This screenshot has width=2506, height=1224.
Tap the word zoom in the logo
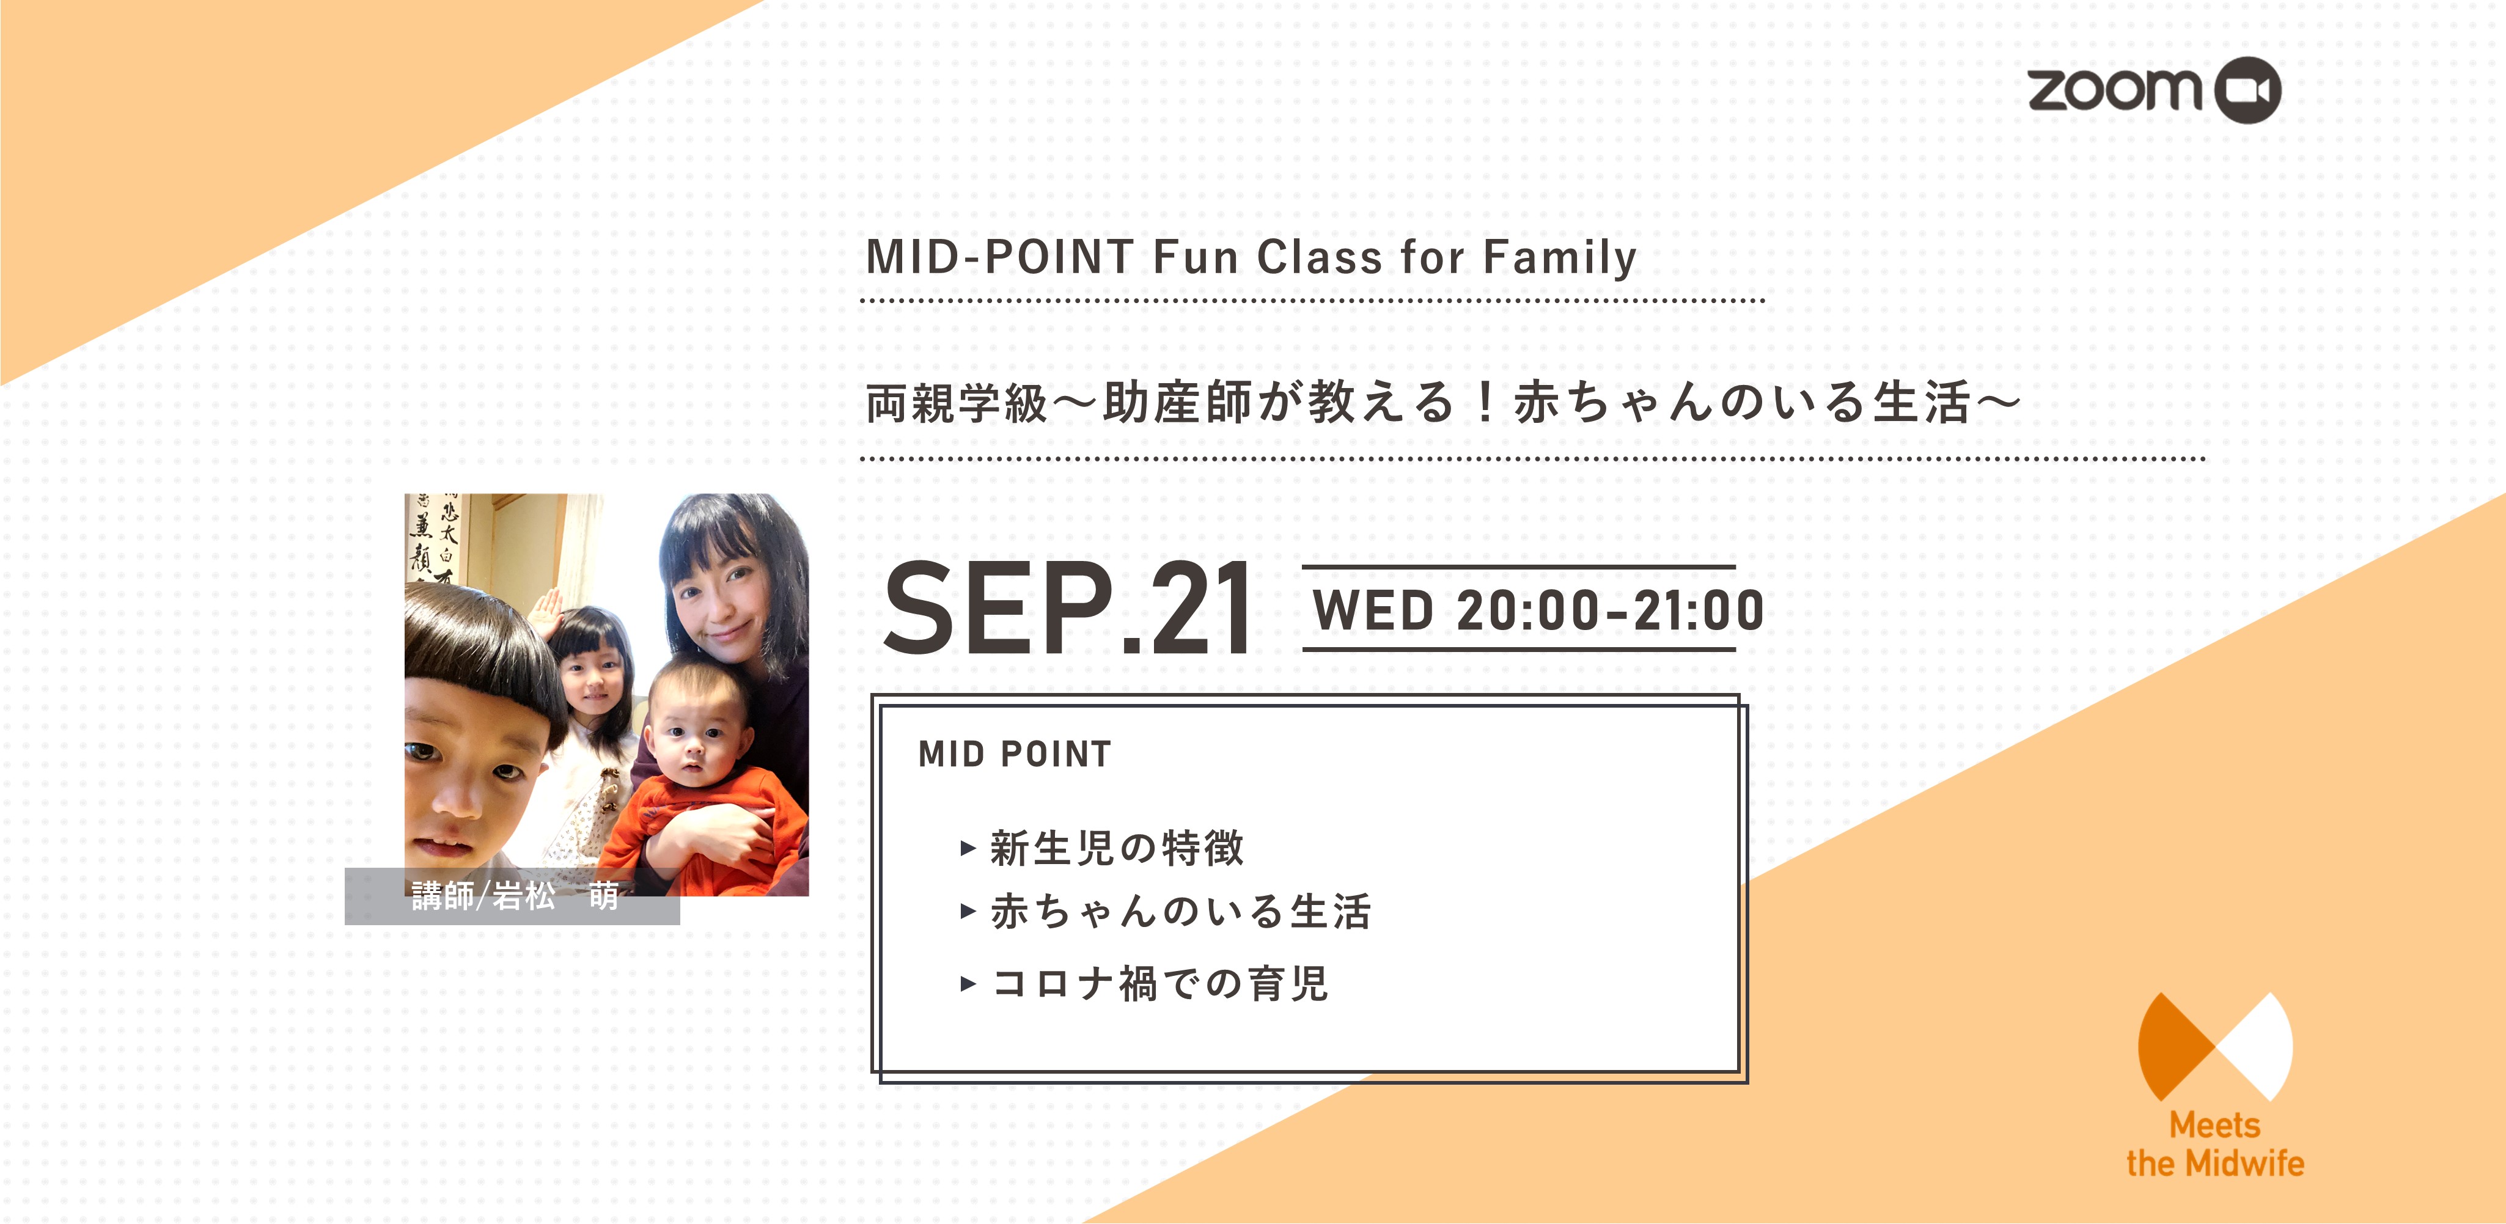[2114, 89]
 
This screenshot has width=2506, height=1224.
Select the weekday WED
[1373, 610]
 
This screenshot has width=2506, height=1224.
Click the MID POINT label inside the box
[1015, 754]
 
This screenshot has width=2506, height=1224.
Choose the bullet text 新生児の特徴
[1117, 848]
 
